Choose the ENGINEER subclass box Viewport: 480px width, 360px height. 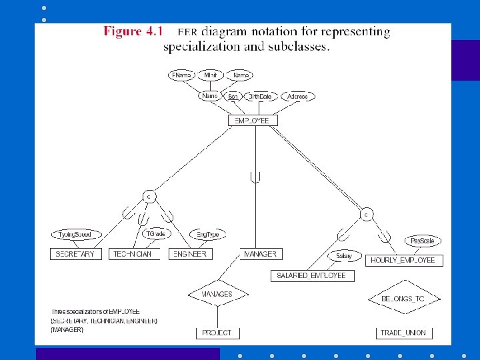[191, 254]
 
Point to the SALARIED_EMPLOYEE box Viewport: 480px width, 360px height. [312, 275]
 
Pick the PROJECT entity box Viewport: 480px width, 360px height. [217, 332]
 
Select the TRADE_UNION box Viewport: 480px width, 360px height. [403, 332]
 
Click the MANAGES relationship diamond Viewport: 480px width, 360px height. [217, 294]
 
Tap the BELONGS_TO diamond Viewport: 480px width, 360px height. [403, 299]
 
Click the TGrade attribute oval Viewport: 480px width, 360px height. [155, 233]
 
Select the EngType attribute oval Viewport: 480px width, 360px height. [207, 235]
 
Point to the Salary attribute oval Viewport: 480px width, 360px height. [344, 256]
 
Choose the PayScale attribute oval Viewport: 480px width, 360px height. [422, 241]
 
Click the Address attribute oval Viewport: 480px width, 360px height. [297, 97]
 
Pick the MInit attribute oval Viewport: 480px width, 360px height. [211, 75]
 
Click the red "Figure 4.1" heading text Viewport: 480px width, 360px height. [132, 32]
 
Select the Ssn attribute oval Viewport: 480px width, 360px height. [233, 97]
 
